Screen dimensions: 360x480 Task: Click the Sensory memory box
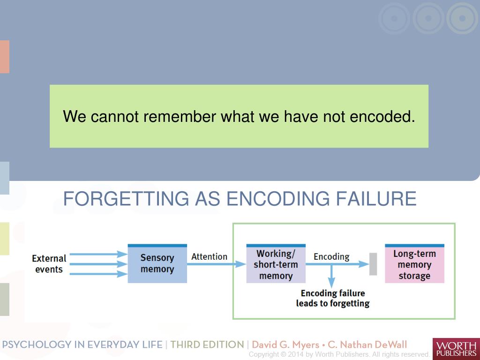[x=157, y=264]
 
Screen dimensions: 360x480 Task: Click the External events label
[x=49, y=264]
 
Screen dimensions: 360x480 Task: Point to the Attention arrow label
[x=209, y=256]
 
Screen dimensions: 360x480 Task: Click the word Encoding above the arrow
[x=331, y=256]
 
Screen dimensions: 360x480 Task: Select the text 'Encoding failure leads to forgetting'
[x=332, y=298]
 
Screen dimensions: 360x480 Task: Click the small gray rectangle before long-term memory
[x=373, y=264]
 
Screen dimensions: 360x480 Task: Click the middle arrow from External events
[x=98, y=264]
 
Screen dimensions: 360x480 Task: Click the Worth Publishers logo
[x=456, y=349]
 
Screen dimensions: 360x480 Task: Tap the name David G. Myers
[x=286, y=345]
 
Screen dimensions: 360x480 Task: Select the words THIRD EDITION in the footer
[x=207, y=345]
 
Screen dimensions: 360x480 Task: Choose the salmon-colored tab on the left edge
[x=4, y=57]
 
